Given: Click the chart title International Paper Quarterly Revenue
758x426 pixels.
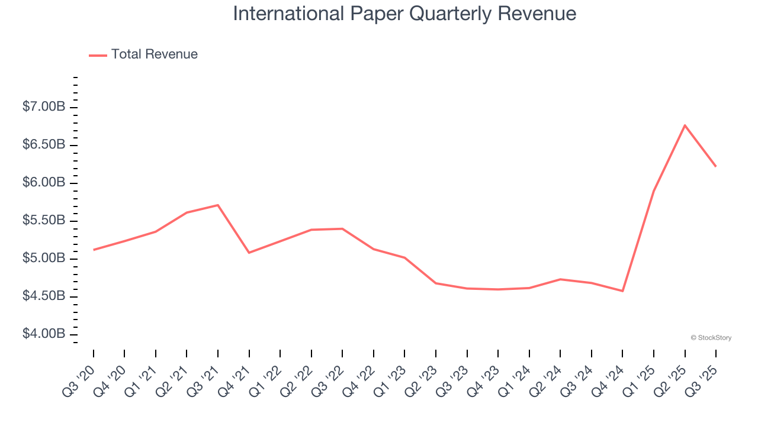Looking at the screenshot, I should point(404,14).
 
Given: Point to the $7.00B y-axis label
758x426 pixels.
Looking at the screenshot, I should point(44,107).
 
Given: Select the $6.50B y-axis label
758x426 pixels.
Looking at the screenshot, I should point(44,145).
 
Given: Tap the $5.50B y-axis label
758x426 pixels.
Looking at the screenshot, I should point(44,221).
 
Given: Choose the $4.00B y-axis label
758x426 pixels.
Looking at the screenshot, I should point(44,334).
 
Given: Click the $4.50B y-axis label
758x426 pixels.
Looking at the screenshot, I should point(44,296).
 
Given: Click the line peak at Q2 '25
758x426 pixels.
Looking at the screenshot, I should point(685,125).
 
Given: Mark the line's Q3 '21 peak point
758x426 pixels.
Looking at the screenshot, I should point(218,205).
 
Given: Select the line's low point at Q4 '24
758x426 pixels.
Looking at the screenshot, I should point(622,291).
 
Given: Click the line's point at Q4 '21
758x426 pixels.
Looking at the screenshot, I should point(249,253).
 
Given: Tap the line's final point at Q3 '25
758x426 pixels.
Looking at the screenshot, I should point(715,166).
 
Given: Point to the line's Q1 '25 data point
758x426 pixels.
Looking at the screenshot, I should point(654,191).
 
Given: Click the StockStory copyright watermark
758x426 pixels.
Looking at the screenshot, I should point(711,338).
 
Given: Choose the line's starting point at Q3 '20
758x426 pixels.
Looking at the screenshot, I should point(94,250).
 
